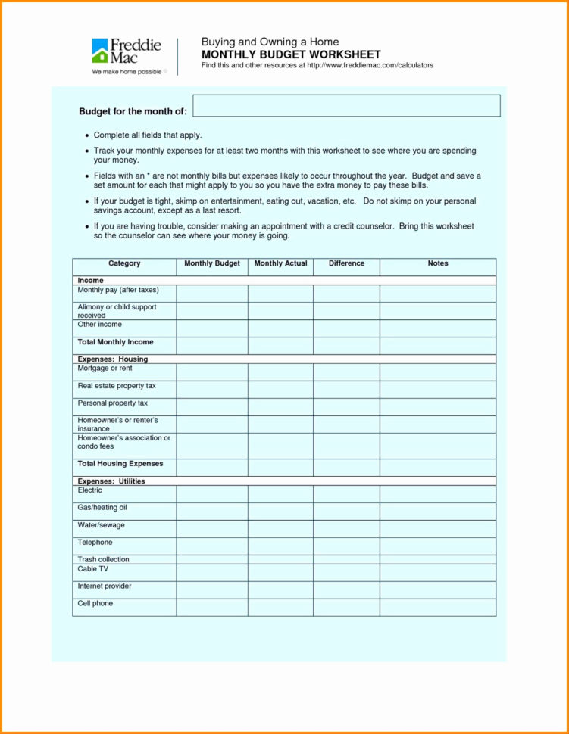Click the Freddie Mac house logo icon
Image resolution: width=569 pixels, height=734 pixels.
100,51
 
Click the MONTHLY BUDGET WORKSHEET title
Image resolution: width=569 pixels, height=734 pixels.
291,54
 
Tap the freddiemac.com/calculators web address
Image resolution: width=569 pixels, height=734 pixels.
370,66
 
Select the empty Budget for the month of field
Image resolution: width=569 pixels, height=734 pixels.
346,106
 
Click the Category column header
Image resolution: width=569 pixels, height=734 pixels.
124,264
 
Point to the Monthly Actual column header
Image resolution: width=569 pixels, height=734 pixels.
280,264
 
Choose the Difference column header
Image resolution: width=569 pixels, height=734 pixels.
346,264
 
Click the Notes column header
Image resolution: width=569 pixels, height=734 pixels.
437,264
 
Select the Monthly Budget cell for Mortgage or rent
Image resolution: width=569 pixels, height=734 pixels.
211,372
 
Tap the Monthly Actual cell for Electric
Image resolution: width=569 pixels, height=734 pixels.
280,493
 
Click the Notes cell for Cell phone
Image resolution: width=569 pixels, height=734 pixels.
437,607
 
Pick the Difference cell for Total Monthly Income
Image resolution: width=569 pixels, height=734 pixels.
346,345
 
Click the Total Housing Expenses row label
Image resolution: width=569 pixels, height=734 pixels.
120,464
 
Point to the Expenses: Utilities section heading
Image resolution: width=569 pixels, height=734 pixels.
111,481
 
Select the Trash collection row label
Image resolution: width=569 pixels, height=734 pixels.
103,559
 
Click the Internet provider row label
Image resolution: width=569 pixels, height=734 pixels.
105,586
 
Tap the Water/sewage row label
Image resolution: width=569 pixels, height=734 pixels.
101,525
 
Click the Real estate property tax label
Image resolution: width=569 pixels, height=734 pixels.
116,386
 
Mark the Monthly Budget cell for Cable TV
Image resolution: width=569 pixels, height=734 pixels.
211,572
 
